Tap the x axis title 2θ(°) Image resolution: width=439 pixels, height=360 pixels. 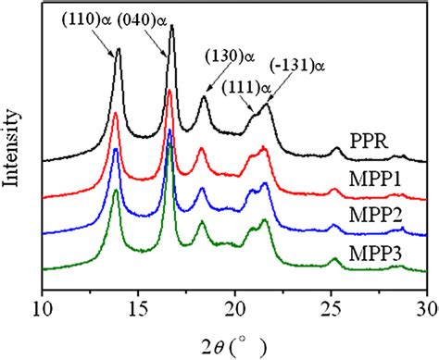[233, 343]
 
